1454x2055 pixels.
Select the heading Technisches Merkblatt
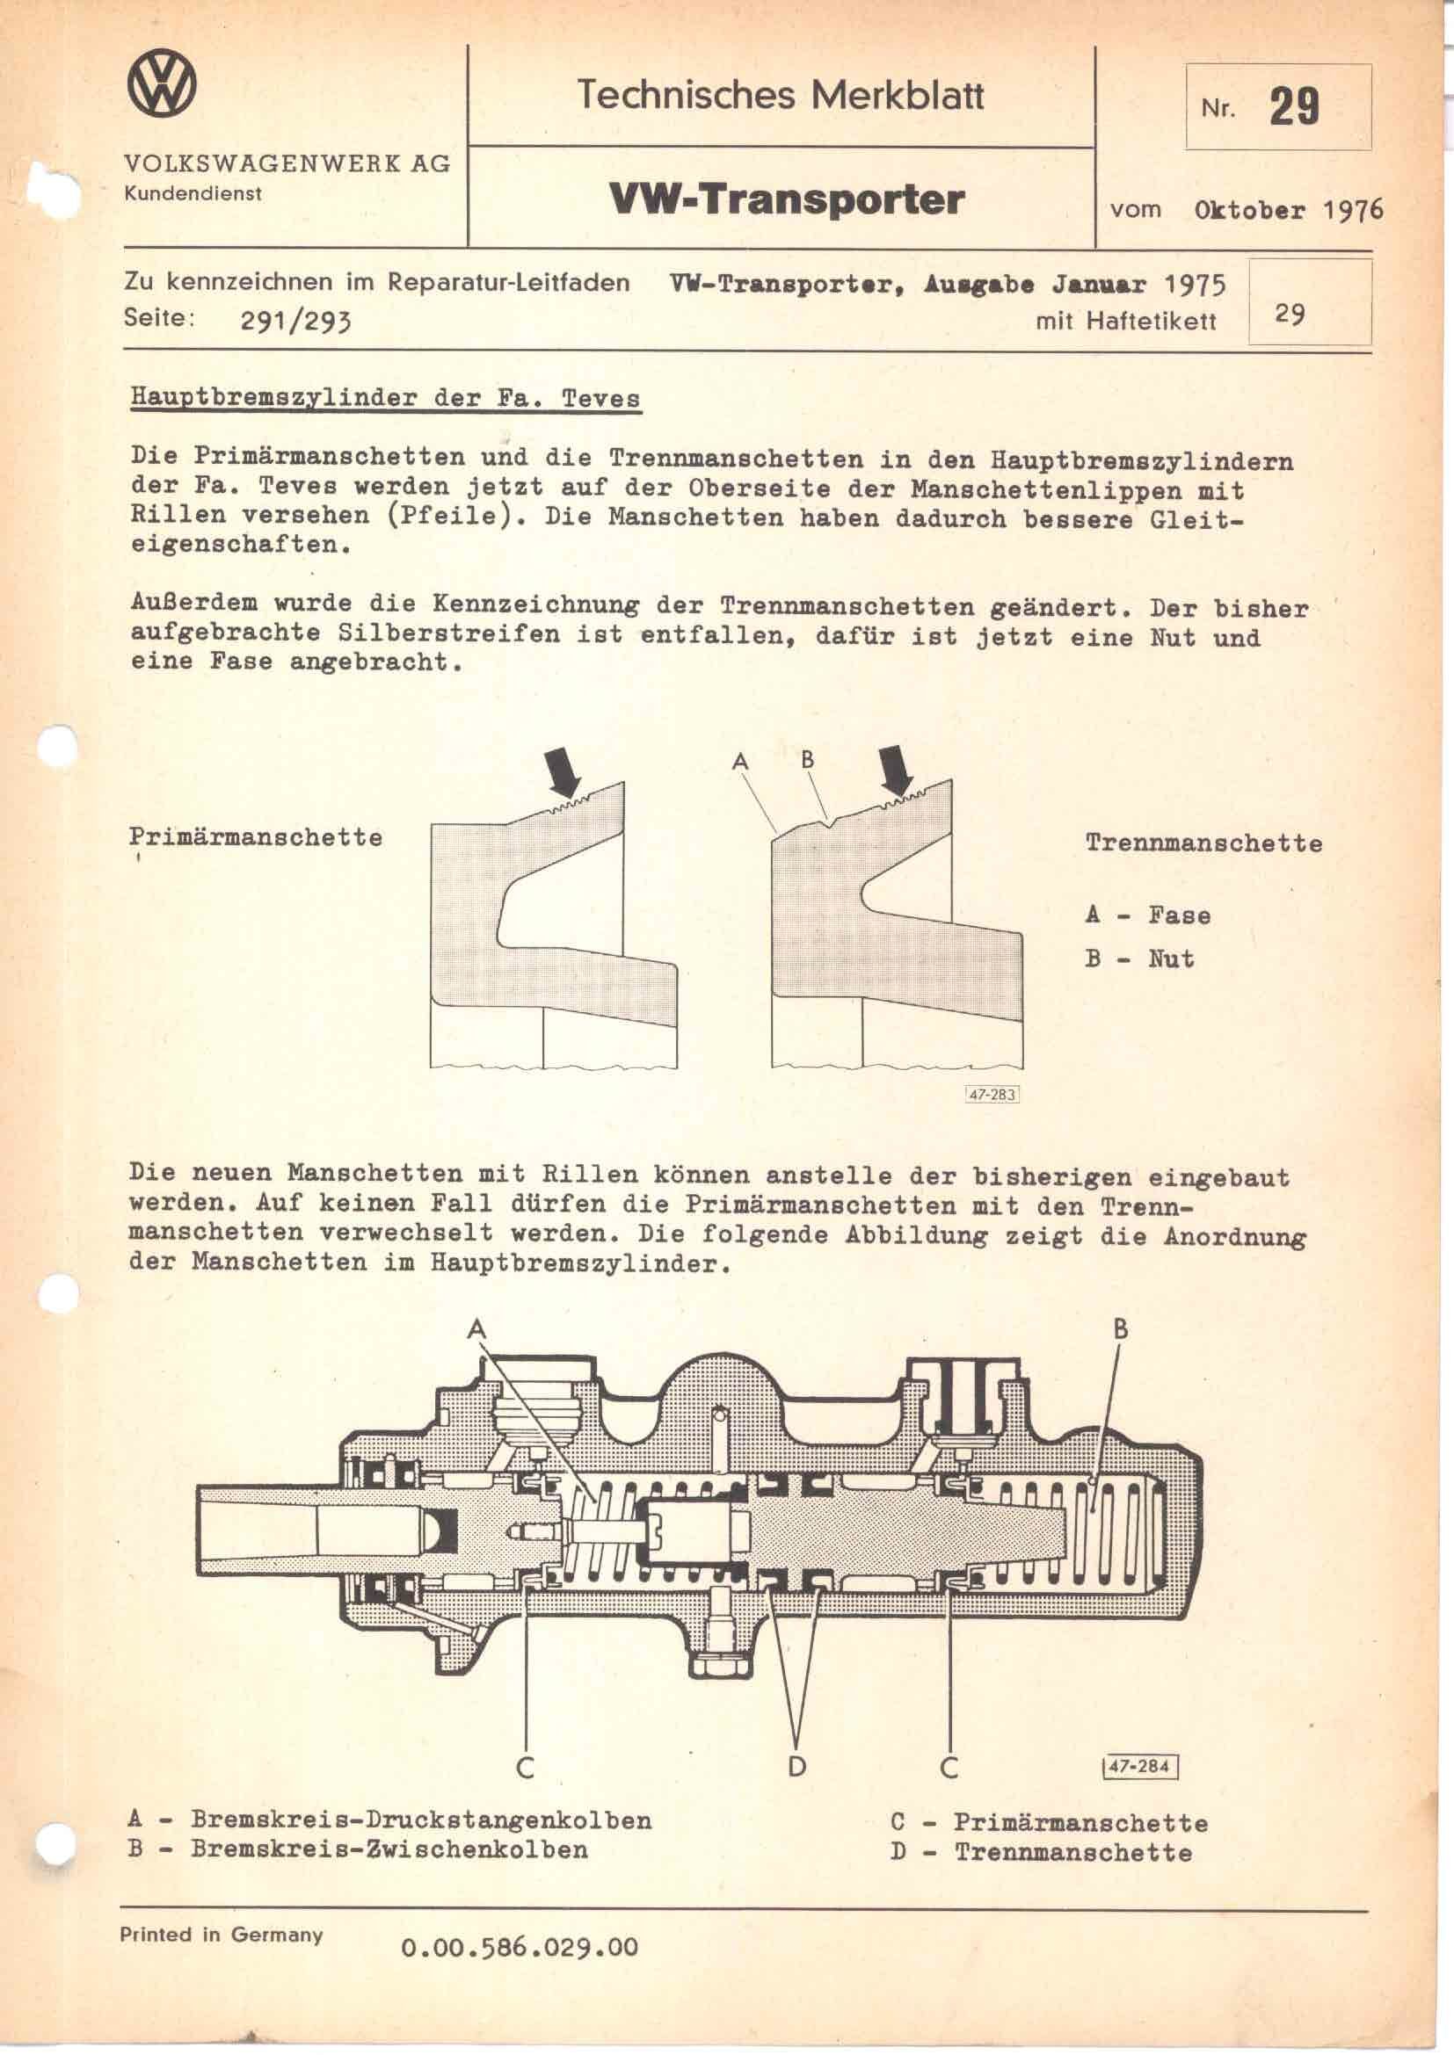(780, 95)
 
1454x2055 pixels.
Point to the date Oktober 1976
(1289, 210)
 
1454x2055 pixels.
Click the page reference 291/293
(295, 320)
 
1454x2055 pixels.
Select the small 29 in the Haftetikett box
(1290, 315)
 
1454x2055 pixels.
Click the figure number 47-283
(992, 1094)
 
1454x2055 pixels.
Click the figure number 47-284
(1138, 1766)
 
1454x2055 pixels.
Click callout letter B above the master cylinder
(1120, 1329)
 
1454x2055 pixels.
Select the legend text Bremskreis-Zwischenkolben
(389, 1849)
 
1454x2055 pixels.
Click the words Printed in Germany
(222, 1934)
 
